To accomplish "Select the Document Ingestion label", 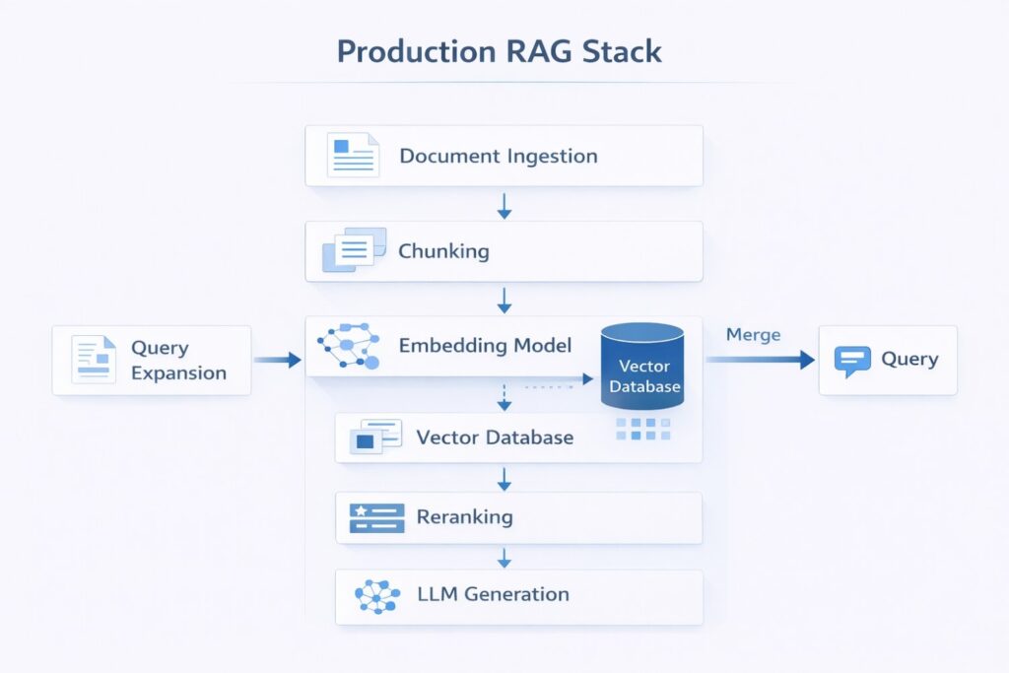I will pos(498,156).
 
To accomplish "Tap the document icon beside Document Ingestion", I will pos(352,155).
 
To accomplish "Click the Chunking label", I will pos(443,251).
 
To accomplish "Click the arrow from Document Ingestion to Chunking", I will pos(504,204).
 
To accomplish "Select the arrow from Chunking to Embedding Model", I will pos(504,300).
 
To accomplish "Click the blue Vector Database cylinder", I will pos(642,367).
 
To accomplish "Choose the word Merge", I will pos(753,335).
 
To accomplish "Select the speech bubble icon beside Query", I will pos(851,361).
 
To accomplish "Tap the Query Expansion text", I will pos(178,361).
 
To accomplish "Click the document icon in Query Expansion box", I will pos(94,360).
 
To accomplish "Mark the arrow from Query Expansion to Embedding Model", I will pos(277,361).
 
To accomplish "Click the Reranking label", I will pos(464,516).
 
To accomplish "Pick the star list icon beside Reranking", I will pos(376,517).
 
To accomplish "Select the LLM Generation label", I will pos(493,594).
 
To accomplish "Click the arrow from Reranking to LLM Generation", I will pos(504,557).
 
